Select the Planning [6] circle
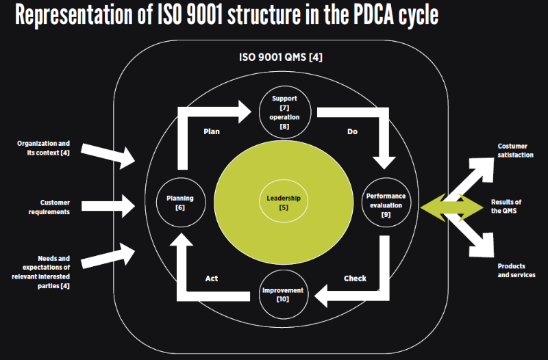[x=180, y=203]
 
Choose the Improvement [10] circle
[x=283, y=295]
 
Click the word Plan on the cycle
[x=212, y=131]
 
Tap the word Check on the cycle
[x=355, y=279]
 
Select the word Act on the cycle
[x=212, y=279]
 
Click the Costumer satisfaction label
[x=515, y=151]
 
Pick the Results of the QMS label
[x=506, y=207]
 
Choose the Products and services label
[x=516, y=270]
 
